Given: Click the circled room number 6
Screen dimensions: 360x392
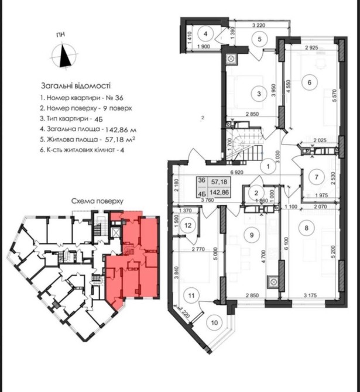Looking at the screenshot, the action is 309,82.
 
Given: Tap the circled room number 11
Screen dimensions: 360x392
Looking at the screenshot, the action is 191,295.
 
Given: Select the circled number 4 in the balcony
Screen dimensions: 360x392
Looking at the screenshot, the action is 205,34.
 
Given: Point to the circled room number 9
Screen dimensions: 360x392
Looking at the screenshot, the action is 252,235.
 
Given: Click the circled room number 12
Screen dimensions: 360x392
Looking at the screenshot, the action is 188,225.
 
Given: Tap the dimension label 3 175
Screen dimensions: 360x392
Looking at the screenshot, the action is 310,295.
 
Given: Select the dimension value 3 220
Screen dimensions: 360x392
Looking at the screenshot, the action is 259,25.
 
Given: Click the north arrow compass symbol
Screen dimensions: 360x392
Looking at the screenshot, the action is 64,55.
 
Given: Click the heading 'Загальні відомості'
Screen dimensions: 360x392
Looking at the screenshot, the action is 76,86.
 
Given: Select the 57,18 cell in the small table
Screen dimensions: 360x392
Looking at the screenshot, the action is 219,182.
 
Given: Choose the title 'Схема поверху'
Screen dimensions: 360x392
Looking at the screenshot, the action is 97,201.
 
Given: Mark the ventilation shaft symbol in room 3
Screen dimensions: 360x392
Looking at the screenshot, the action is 231,59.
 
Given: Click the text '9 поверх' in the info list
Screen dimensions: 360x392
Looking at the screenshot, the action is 117,108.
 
